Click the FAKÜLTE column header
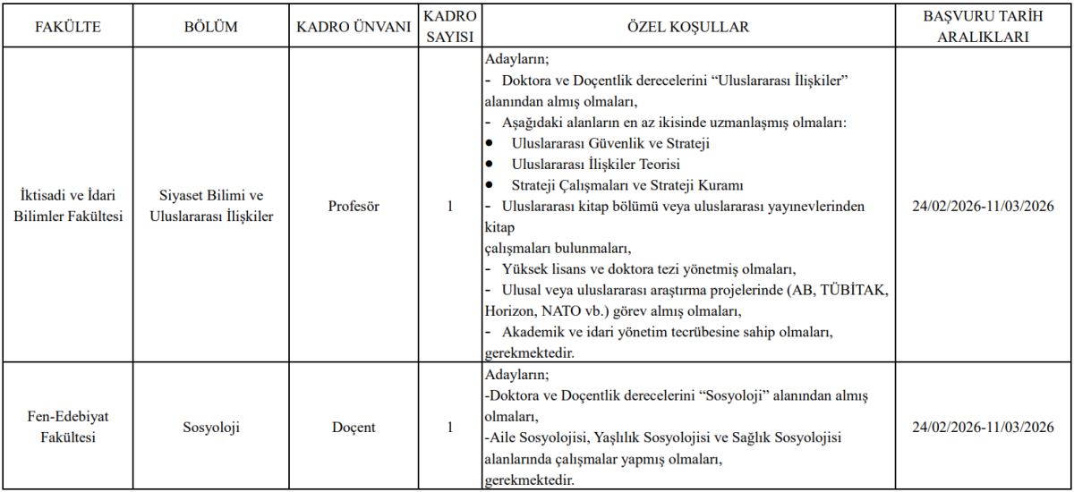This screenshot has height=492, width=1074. click(68, 27)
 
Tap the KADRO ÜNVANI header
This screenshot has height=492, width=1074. click(354, 27)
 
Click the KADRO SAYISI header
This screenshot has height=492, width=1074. click(450, 27)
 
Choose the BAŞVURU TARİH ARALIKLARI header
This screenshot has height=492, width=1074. click(982, 27)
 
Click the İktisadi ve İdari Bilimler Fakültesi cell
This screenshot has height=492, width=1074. click(68, 206)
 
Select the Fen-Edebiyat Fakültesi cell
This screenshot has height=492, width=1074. click(68, 428)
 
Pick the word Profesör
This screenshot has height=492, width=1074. click(354, 206)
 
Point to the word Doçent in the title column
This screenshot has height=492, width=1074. click(354, 428)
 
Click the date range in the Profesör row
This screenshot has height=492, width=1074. click(982, 206)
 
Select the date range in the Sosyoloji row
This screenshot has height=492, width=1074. click(982, 428)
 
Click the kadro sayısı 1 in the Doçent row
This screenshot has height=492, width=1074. click(450, 428)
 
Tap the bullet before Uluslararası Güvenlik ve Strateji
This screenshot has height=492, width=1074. click(490, 143)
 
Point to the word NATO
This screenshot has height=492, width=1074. click(564, 312)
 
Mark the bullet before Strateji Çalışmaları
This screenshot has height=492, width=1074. click(490, 185)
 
